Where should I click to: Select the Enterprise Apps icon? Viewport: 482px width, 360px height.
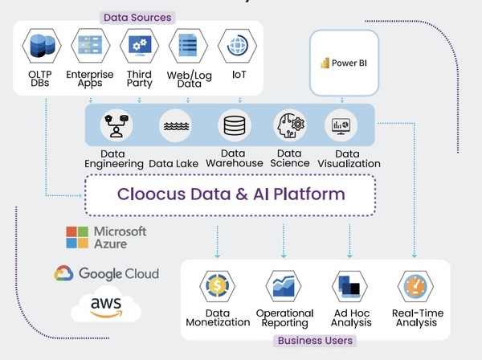pos(90,47)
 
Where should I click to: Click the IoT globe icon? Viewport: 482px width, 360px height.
pos(238,47)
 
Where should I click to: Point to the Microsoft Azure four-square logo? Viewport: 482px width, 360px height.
pos(77,236)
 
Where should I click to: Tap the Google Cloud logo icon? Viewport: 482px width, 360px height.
pos(64,273)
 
